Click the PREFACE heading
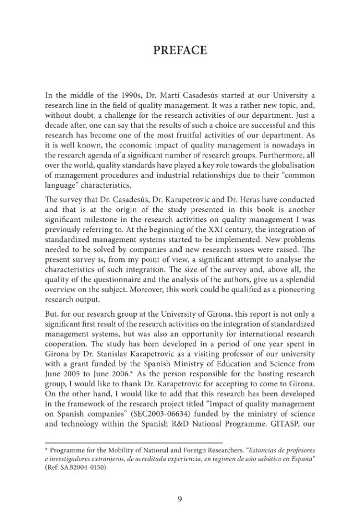click(179, 51)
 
